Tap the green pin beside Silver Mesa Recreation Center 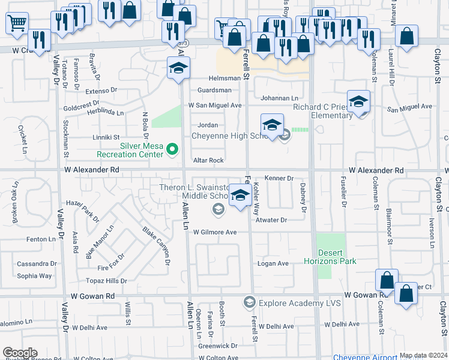(173, 149)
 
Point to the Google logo (20, 353)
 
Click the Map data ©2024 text (423, 355)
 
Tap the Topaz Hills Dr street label (106, 281)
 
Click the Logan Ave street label (273, 263)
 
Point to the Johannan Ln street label (279, 98)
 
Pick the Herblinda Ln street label (104, 112)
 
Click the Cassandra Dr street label (37, 263)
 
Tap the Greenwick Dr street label (218, 346)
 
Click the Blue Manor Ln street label (100, 242)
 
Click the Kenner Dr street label (279, 178)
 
